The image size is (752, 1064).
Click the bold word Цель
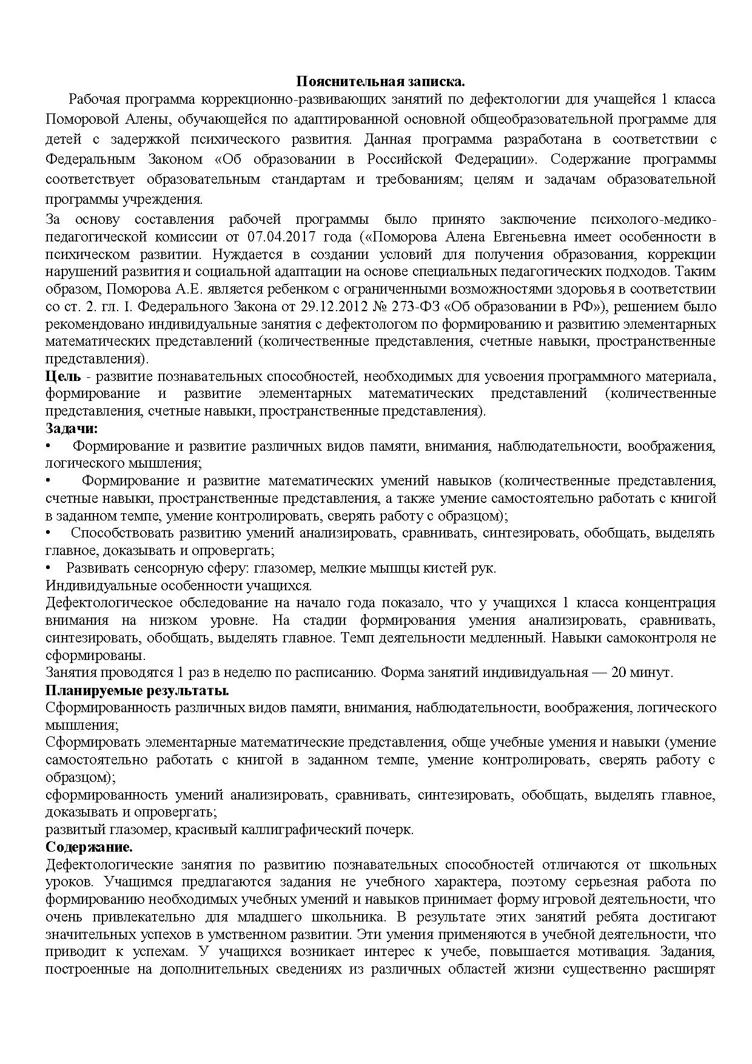pos(59,377)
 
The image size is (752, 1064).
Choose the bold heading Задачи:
pos(72,428)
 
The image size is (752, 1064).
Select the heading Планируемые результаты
pos(137,690)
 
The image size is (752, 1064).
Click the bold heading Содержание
pos(89,847)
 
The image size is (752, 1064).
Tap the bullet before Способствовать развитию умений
pos(49,533)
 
